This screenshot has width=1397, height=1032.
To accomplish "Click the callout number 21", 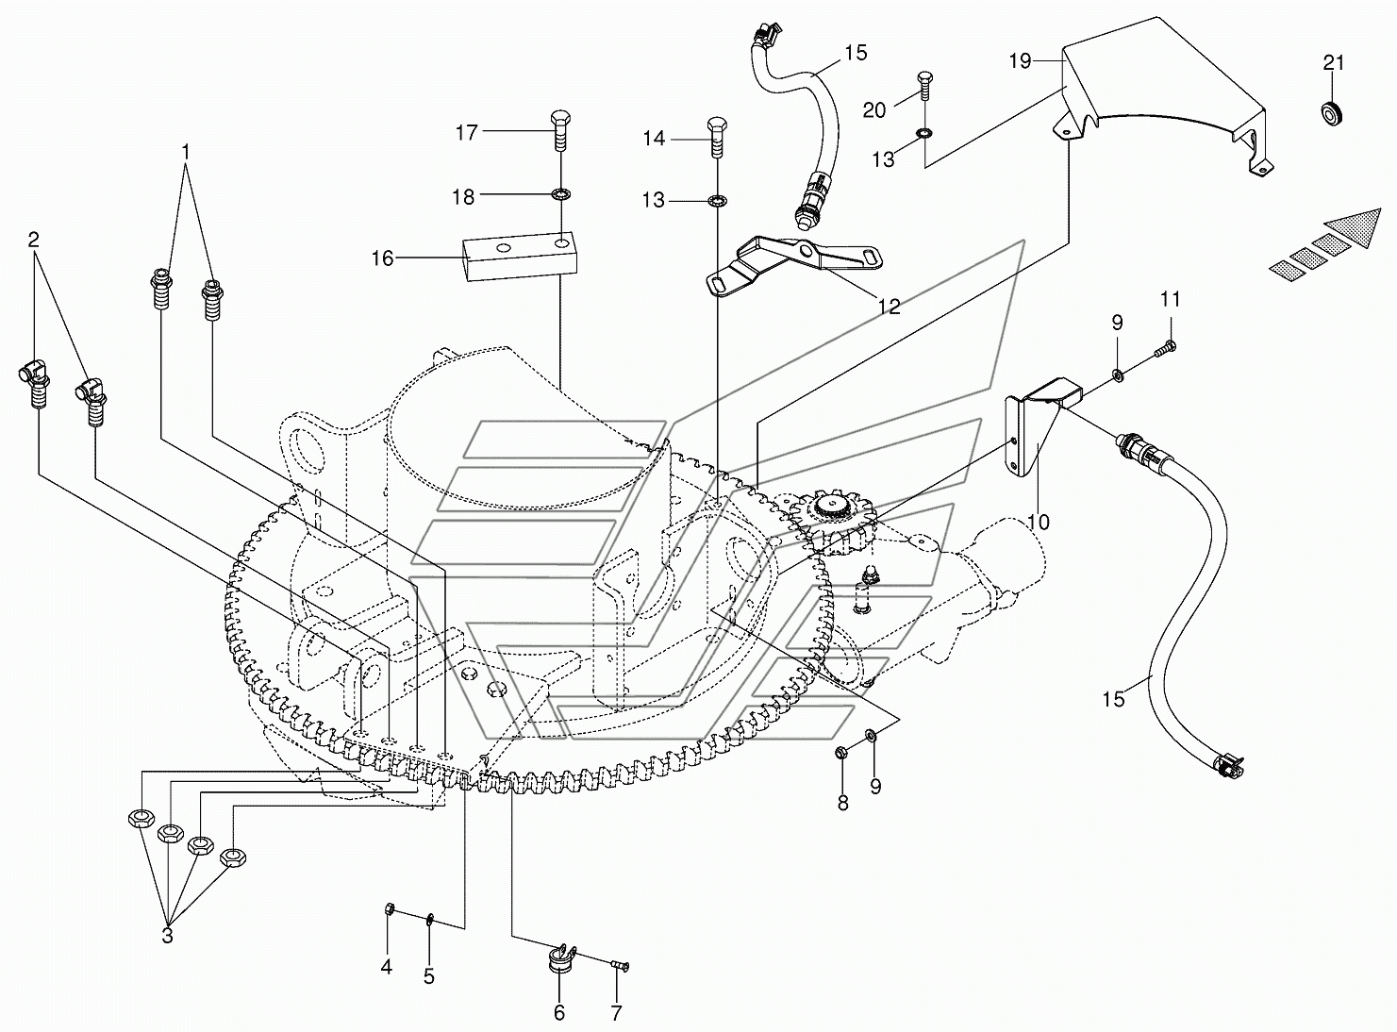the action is [x=1334, y=63].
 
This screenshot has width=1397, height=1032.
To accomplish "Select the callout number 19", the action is [x=1020, y=61].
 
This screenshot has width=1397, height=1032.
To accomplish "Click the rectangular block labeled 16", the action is [x=521, y=255].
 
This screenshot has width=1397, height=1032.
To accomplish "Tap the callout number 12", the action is [x=890, y=307].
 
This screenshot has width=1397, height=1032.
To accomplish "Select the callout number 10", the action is [x=1038, y=522].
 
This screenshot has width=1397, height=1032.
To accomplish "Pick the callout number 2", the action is [x=33, y=240].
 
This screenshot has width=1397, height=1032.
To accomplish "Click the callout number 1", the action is [x=186, y=152].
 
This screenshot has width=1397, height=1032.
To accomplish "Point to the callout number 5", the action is [x=429, y=976].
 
